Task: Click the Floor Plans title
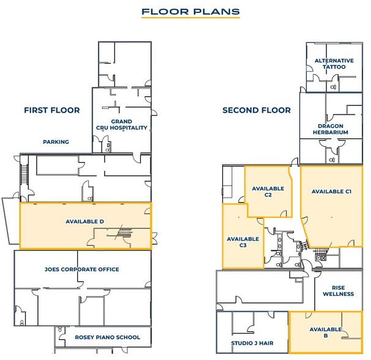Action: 190,12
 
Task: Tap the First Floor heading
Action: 52,110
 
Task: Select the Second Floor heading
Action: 257,110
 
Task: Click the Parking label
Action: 56,142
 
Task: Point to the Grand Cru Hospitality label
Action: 122,124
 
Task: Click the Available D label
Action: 84,222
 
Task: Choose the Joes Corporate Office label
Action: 82,269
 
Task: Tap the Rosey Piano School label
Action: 107,337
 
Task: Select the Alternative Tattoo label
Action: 334,64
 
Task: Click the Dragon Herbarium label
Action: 331,129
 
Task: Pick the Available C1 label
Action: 331,192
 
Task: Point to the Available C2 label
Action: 268,192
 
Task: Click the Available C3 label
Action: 243,242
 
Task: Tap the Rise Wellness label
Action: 339,291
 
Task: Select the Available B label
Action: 326,332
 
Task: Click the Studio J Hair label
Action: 252,343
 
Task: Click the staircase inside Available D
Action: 124,233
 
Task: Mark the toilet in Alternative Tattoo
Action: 333,88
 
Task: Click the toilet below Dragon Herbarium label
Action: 332,160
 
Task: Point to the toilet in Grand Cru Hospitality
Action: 108,148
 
